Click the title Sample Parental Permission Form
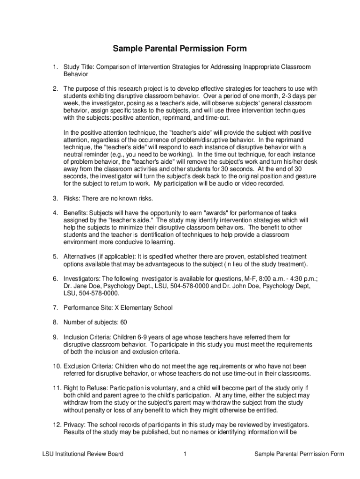click(180, 49)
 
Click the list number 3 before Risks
click(54, 199)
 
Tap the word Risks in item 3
click(72, 199)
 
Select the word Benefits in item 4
click(76, 213)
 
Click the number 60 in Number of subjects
click(123, 322)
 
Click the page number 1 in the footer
click(185, 454)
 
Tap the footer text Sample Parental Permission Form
click(299, 454)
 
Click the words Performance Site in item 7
click(86, 308)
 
